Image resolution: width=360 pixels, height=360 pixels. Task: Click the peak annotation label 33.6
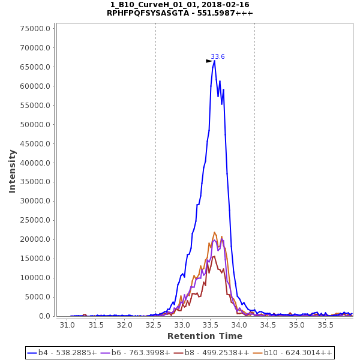tap(217, 56)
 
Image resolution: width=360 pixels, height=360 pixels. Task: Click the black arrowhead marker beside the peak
tap(209, 61)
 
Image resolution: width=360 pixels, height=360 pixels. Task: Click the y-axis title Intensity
tap(13, 171)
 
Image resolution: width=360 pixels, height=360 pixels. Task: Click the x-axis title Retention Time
tap(205, 336)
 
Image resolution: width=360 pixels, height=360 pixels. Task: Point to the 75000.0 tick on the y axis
tap(35, 29)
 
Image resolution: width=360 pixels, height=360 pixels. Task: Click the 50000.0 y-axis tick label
tap(35, 125)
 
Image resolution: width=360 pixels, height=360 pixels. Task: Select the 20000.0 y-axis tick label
tap(35, 239)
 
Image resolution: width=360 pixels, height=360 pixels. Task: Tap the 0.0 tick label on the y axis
tap(43, 316)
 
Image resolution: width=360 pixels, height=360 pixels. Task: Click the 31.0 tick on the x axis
tap(67, 325)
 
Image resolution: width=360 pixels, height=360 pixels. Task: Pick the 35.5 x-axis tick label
tap(326, 325)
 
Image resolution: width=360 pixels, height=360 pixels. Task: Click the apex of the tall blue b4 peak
tap(214, 61)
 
